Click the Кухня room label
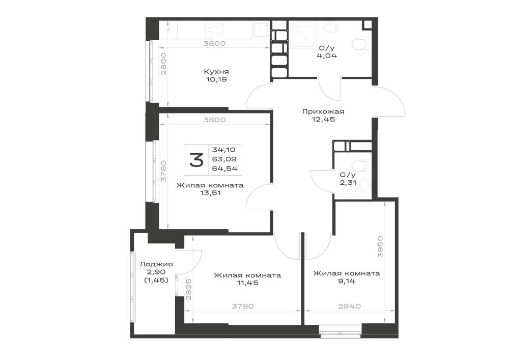pos(216,72)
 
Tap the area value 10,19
pos(216,79)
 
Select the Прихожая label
pos(323,112)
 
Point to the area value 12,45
pos(323,119)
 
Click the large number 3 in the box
pos(196,160)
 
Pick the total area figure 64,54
pos(224,169)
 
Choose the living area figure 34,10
pos(223,150)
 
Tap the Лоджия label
pos(156,264)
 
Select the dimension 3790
pos(243,306)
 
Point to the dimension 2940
pos(349,306)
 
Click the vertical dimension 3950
pos(380,247)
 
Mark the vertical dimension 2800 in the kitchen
pos(163,64)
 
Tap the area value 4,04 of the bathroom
pos(327,56)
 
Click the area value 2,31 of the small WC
pos(348,183)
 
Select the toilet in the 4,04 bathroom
pos(361,44)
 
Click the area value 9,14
pos(347,281)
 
